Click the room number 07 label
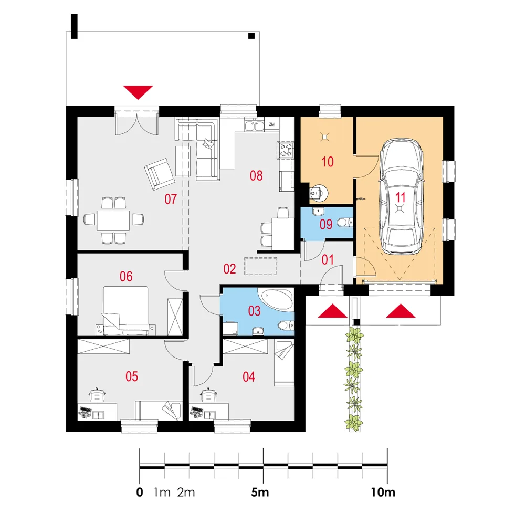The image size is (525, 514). (x=171, y=199)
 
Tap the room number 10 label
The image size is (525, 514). (x=328, y=162)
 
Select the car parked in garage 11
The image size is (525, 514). (x=401, y=196)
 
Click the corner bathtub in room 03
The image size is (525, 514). (x=277, y=299)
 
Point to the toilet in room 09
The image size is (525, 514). (x=345, y=222)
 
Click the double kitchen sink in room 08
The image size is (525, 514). (x=254, y=126)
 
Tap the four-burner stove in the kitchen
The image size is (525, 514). (x=285, y=150)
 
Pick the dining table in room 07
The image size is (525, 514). (x=113, y=221)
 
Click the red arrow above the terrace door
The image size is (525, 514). (x=138, y=92)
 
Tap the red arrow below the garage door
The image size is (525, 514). (x=401, y=311)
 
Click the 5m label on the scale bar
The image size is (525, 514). (x=260, y=492)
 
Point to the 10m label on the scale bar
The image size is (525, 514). (x=383, y=492)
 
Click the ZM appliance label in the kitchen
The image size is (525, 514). (x=272, y=124)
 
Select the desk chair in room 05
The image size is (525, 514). (x=98, y=395)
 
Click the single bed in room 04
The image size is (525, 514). (x=284, y=363)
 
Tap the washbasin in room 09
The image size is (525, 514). (x=319, y=212)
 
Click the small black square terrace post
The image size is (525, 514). (x=251, y=36)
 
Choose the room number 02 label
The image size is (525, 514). (x=230, y=269)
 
